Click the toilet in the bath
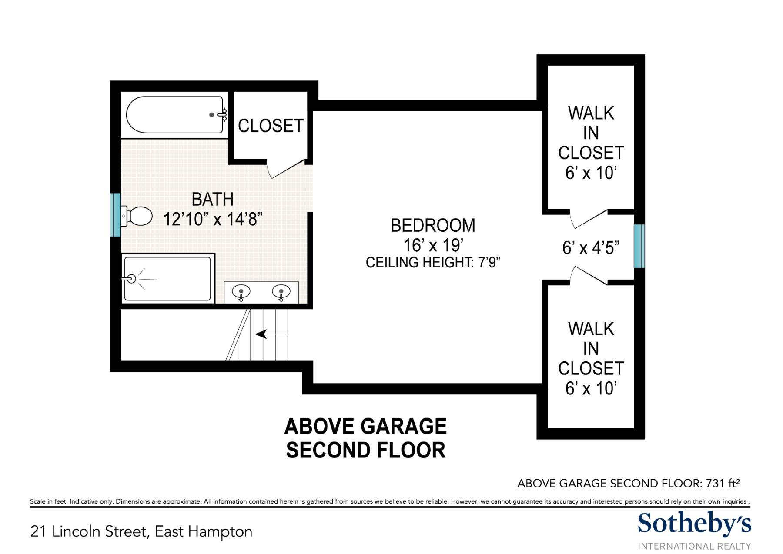pos(136,216)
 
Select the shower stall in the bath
pos(167,278)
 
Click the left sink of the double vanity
pos(241,292)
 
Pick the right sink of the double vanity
pos(281,292)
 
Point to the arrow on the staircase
pos(271,334)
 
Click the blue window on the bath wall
pos(115,215)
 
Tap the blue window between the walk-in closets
pos(639,246)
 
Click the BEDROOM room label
pos(433,225)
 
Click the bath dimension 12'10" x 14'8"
pos(213,219)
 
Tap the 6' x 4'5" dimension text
pos(591,247)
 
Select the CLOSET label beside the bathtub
pos(271,126)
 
